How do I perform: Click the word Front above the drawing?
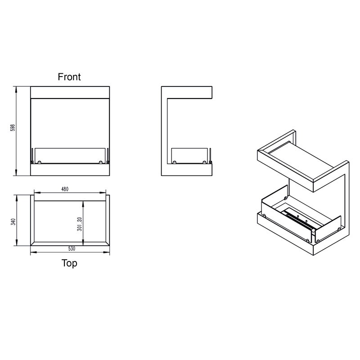[x=69, y=77]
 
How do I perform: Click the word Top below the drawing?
[x=69, y=263]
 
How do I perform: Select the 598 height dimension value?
[x=13, y=128]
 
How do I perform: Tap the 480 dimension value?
[x=65, y=189]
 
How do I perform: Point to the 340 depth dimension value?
[x=13, y=222]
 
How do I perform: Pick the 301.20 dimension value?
[x=80, y=224]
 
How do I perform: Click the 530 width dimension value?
[x=72, y=249]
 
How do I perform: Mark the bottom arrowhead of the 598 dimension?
[x=16, y=173]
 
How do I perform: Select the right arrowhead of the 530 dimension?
[x=107, y=252]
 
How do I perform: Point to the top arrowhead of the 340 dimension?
[x=17, y=198]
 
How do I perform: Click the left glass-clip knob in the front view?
[x=39, y=162]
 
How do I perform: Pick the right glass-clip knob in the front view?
[x=100, y=162]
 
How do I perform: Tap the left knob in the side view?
[x=175, y=162]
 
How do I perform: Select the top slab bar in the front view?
[x=70, y=93]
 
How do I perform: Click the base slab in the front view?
[x=70, y=170]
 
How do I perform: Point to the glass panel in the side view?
[x=189, y=156]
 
